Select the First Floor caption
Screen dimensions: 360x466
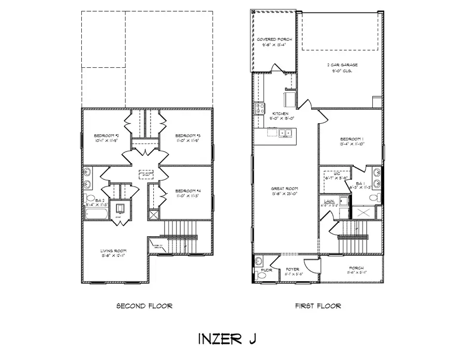(318, 306)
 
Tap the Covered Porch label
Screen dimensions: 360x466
(274, 39)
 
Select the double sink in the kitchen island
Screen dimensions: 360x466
(284, 133)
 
